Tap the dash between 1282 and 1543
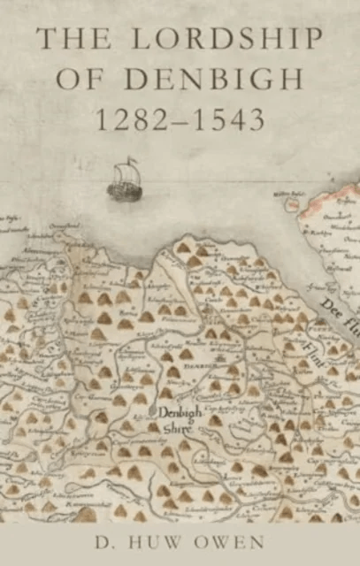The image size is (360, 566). click(180, 119)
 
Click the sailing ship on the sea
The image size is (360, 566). click(122, 180)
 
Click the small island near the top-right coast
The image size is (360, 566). click(288, 203)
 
